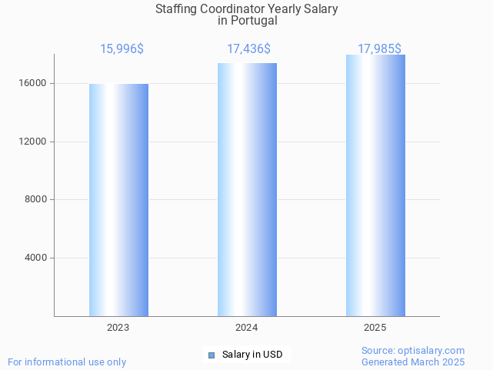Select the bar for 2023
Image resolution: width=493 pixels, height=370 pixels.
coord(118,200)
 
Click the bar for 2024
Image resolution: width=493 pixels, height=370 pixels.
coord(247,189)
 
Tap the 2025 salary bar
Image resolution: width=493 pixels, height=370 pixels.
coord(375,185)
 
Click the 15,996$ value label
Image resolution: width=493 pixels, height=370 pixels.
coord(122,49)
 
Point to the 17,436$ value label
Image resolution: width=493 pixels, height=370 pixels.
coord(248,49)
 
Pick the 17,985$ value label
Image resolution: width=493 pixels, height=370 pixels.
coord(379,49)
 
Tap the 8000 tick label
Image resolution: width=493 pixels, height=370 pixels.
coord(36,200)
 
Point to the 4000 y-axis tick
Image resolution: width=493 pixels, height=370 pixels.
coord(36,258)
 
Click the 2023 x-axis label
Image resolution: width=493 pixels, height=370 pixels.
coord(118,328)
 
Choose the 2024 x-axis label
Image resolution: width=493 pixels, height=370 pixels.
coord(247,328)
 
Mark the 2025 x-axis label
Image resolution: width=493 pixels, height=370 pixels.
coord(375,328)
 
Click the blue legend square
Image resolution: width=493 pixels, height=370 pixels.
coord(212,355)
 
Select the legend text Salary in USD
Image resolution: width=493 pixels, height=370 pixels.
coord(251,355)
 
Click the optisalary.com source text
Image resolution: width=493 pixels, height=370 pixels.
coord(413,351)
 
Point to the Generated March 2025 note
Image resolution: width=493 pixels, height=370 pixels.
coord(413,362)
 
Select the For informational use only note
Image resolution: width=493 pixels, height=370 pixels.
coord(67,362)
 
